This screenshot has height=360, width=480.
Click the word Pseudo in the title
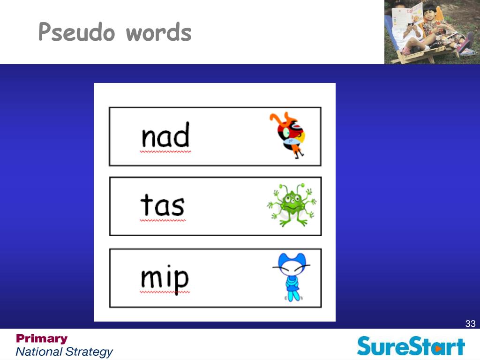(x=77, y=31)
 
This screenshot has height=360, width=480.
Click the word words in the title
(x=158, y=32)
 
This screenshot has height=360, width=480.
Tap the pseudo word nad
(x=165, y=135)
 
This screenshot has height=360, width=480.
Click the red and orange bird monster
(x=287, y=135)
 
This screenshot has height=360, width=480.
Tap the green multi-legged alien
(x=292, y=205)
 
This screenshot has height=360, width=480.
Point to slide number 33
(x=470, y=323)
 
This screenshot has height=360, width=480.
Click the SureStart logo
(x=411, y=346)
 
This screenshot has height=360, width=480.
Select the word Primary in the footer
(x=42, y=338)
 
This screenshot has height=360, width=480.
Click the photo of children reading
(x=432, y=32)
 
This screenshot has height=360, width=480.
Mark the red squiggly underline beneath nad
(x=165, y=151)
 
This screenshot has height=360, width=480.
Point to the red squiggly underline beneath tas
(x=163, y=220)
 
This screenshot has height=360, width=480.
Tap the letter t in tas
(x=146, y=204)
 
